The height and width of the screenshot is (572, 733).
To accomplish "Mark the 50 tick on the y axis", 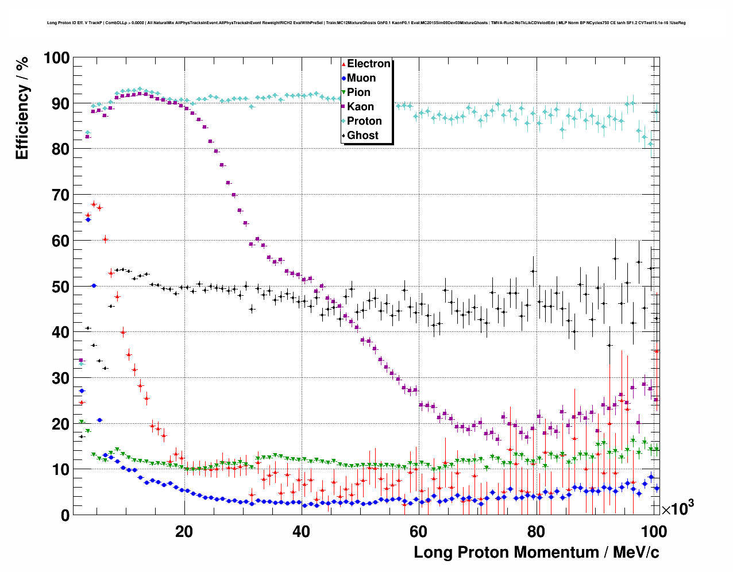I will (60, 287).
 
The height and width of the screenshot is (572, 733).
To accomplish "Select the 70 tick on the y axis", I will (60, 195).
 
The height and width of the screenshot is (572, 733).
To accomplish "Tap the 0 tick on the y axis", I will (64, 515).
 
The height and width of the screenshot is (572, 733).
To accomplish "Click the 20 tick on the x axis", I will (184, 532).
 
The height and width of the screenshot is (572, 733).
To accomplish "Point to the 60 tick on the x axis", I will (419, 532).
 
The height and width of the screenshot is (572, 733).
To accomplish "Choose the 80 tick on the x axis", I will (536, 532).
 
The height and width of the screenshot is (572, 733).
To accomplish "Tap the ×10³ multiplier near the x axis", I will (678, 508).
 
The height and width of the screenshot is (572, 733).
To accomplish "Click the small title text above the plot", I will (366, 23).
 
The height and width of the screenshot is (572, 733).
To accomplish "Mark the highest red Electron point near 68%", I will (94, 204).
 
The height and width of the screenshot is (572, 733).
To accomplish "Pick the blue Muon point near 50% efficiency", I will (94, 285).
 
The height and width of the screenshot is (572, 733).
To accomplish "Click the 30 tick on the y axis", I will (60, 378).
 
